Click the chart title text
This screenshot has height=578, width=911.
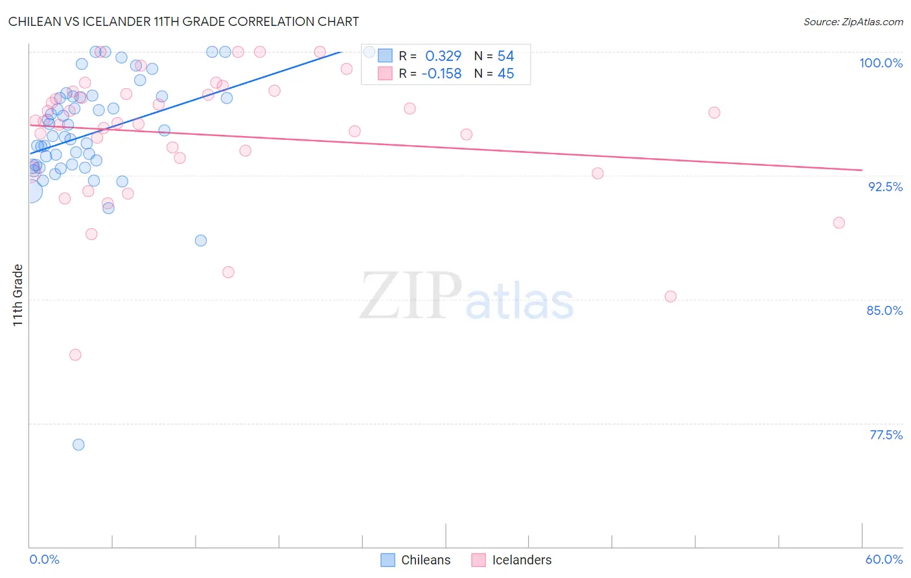coord(183,21)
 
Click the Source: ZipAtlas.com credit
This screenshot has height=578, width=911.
coord(853,21)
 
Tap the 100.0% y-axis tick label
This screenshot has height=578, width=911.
coord(881,63)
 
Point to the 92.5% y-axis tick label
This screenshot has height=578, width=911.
coord(885,187)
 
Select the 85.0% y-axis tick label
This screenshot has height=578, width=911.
coord(884,310)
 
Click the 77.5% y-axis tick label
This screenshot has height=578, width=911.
coord(886,435)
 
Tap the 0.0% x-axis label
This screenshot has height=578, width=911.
coord(44,559)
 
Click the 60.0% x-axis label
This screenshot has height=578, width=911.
coord(884,559)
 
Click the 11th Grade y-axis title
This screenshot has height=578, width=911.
coord(18,295)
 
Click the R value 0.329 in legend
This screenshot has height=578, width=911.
coord(443,56)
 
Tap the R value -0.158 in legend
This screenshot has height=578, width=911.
coord(441,74)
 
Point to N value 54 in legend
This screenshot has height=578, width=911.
coord(505,56)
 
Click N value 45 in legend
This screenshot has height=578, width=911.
coord(505,74)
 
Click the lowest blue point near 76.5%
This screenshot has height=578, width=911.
coord(78,445)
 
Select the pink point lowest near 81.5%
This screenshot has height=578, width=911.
coord(75,354)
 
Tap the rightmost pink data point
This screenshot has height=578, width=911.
coord(839,223)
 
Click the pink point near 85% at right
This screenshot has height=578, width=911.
coord(671,296)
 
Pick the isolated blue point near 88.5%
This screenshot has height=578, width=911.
coord(201,240)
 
